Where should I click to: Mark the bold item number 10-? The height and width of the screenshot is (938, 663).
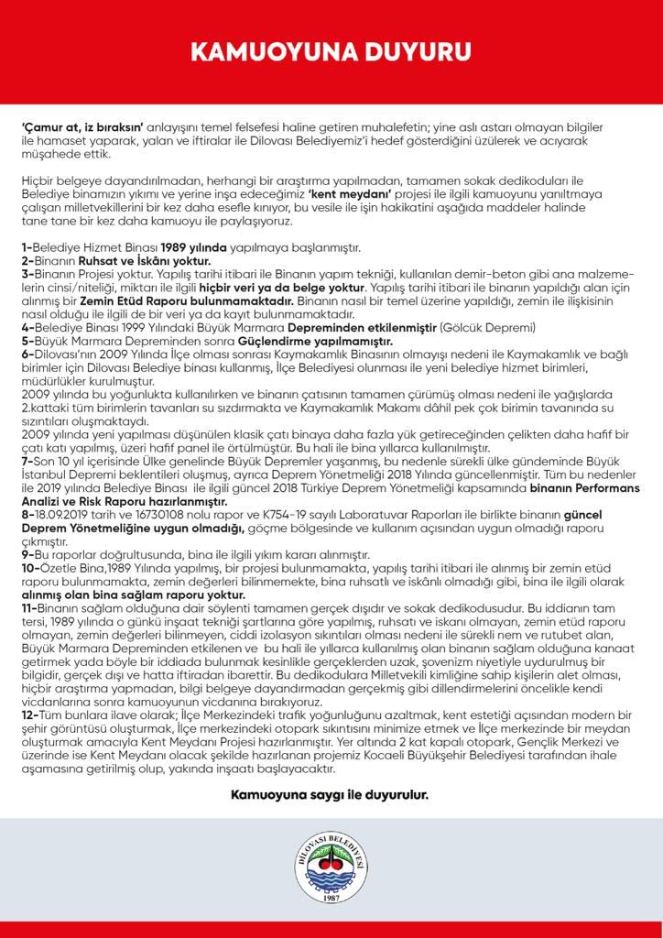(29, 568)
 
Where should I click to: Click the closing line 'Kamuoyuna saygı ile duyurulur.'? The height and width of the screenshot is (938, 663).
(331, 794)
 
